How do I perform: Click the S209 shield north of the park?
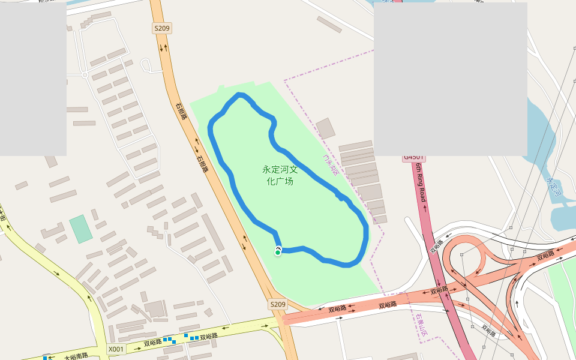tap(162, 28)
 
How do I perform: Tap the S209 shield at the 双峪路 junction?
tap(277, 304)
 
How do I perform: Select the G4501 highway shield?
tap(413, 157)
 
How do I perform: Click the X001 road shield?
tap(116, 349)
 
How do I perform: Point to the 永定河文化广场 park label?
tap(280, 175)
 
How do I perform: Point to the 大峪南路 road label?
tap(76, 356)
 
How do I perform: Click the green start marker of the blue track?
tap(278, 253)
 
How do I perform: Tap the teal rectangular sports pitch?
tap(80, 229)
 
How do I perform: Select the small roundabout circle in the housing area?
tap(85, 75)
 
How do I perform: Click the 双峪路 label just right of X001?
tap(152, 343)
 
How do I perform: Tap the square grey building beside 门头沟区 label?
tap(326, 128)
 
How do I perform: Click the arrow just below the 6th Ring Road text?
tap(425, 207)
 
